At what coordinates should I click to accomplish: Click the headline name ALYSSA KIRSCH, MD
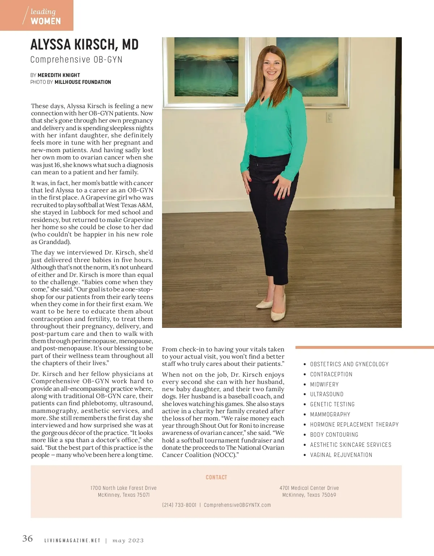[x=85, y=45]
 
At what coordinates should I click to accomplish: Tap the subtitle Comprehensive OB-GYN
[x=76, y=60]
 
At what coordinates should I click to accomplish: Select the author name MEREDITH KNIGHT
[x=59, y=75]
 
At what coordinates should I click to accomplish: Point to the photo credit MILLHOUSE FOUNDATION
[x=83, y=82]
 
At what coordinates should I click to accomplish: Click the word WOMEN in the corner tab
[x=46, y=21]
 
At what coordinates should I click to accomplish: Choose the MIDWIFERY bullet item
[x=324, y=384]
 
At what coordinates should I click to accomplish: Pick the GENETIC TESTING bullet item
[x=332, y=405]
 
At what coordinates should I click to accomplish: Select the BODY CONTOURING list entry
[x=334, y=435]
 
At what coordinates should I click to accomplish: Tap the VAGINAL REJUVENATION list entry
[x=341, y=455]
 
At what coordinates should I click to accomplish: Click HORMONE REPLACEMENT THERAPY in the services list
[x=354, y=425]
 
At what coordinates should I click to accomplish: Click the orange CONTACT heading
[x=216, y=477]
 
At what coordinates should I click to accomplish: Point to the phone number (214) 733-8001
[x=179, y=505]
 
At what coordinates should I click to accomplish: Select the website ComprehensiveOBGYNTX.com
[x=237, y=505]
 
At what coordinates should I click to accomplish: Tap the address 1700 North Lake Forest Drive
[x=123, y=488]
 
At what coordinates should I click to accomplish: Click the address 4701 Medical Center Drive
[x=309, y=488]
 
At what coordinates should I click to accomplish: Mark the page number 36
[x=27, y=539]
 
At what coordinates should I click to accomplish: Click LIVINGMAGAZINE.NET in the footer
[x=72, y=541]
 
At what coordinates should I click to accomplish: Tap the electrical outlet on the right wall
[x=329, y=117]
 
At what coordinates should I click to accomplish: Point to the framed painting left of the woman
[x=201, y=72]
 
